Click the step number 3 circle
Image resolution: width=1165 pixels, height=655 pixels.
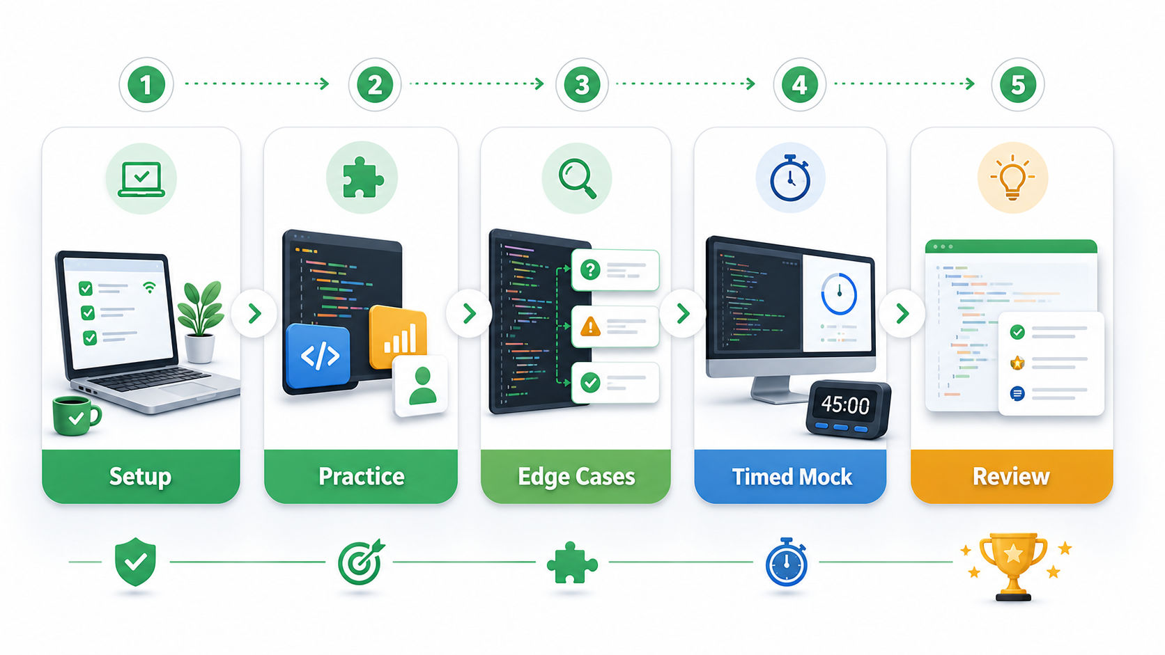[582, 84]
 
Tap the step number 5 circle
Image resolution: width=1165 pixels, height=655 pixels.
[1017, 84]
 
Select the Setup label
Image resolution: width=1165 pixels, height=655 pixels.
[141, 476]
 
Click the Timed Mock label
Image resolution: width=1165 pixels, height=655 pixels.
[792, 476]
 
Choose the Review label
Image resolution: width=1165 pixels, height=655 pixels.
[1011, 476]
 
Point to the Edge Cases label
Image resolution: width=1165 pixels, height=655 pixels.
[576, 476]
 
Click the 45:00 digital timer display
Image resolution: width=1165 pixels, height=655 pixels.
[845, 405]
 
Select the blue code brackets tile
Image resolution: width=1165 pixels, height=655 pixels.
[319, 356]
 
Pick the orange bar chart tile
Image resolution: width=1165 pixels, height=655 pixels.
[399, 337]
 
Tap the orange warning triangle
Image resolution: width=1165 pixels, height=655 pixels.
[590, 326]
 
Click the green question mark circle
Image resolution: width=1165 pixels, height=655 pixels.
[590, 269]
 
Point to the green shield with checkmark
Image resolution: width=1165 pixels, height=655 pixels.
[135, 562]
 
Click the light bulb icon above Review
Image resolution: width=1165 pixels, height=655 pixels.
[1012, 177]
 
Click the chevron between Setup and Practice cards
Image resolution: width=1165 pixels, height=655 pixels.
[254, 314]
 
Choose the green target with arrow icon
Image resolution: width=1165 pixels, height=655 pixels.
[360, 562]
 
